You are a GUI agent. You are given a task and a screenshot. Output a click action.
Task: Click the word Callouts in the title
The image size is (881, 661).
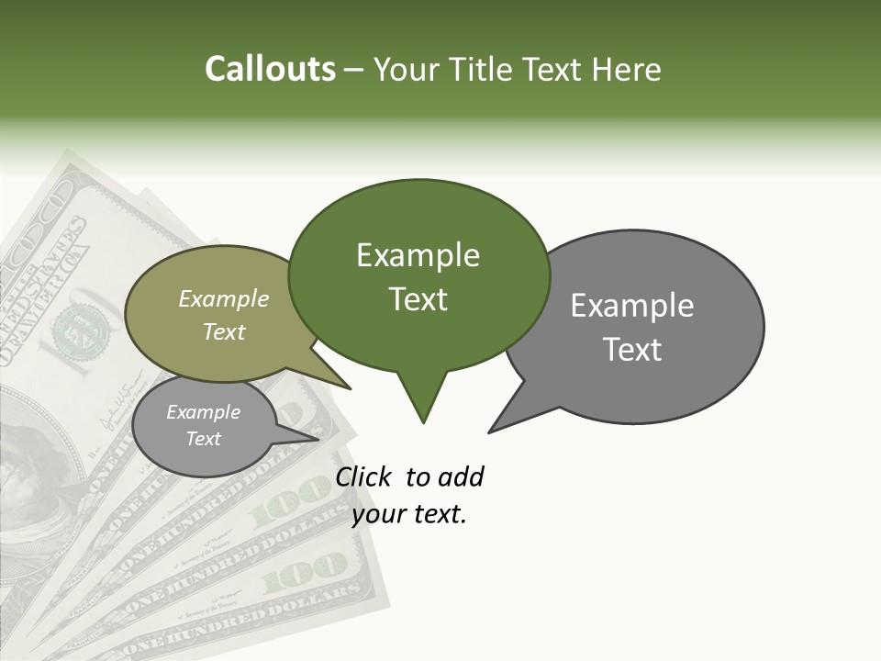coord(270,69)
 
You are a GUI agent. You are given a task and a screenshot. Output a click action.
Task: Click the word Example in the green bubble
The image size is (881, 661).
coord(418,255)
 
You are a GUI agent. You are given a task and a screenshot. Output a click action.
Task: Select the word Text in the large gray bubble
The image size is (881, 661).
coord(633,350)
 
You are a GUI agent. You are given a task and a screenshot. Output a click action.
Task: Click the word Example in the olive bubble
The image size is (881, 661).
coord(224,298)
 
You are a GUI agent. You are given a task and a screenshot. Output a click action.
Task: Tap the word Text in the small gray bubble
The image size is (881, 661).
coord(204,439)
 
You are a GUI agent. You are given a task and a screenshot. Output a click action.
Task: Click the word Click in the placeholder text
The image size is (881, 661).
coord(363,476)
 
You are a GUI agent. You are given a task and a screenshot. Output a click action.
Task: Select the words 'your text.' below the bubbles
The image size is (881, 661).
coord(410,514)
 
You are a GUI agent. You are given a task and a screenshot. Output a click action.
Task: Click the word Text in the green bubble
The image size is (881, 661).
coord(418,299)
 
